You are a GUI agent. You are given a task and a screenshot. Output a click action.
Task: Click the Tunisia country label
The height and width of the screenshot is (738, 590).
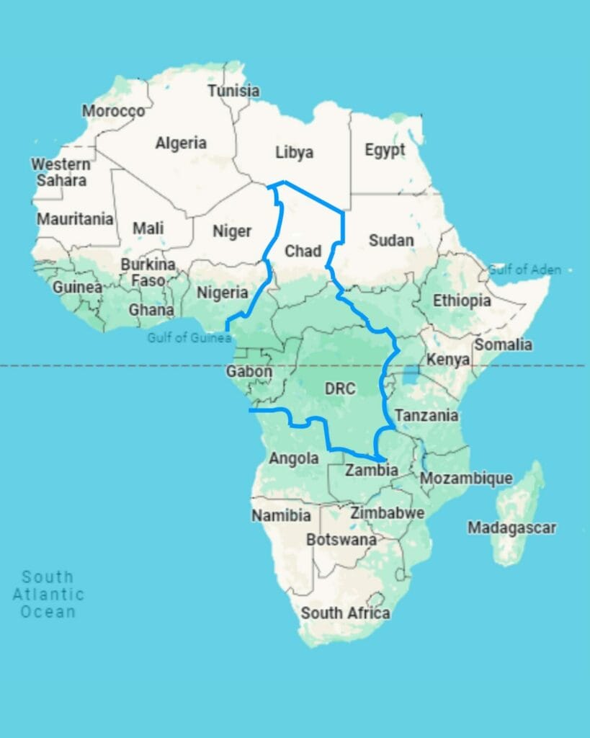233,91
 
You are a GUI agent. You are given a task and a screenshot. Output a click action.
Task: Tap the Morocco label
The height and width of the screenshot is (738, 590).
113,111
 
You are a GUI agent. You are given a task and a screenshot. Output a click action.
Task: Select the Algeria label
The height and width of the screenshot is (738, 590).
181,143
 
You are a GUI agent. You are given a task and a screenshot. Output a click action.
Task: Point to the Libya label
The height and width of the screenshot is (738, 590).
294,152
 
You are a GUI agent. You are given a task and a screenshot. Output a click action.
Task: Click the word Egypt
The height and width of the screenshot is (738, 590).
385,150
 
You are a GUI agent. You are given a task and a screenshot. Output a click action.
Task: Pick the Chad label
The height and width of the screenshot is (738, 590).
303,251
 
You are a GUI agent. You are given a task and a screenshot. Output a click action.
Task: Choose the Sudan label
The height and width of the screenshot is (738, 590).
391,240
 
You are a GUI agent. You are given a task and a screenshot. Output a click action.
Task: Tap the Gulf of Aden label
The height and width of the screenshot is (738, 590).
524,270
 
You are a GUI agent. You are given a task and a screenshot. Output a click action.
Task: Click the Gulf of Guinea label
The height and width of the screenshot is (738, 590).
189,337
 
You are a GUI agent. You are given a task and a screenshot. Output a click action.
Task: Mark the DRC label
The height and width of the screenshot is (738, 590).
340,388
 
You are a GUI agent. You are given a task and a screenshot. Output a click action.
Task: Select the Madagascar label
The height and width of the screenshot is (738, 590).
511,528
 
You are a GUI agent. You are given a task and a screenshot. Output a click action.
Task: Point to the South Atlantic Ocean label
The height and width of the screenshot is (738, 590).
48,594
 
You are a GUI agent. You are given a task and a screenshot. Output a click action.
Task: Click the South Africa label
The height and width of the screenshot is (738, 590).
345,613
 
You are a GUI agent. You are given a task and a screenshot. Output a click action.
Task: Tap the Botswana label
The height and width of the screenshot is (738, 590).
341,539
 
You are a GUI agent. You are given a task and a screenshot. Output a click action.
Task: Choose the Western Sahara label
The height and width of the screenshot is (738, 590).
61,172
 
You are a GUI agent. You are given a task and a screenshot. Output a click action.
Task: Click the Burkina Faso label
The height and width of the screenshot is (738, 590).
148,272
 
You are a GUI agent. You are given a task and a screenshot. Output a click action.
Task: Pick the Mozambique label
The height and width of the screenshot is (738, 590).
466,478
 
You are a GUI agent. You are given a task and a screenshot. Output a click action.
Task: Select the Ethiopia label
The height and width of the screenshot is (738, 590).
462,301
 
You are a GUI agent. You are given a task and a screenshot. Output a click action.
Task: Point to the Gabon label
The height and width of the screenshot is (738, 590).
249,372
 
